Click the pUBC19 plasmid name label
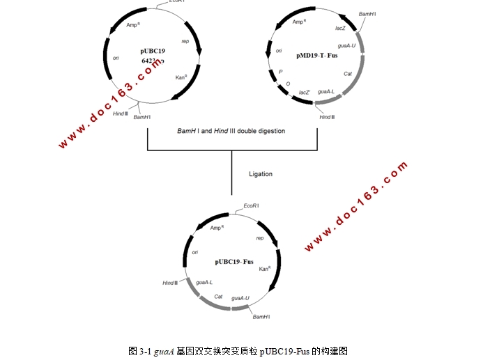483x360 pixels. [153, 51]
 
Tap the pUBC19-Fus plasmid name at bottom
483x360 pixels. [233, 262]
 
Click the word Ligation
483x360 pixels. [261, 174]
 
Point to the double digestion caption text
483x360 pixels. [231, 130]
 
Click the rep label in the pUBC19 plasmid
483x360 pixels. [185, 41]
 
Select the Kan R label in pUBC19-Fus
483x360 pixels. [264, 269]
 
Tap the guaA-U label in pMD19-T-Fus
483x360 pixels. [346, 46]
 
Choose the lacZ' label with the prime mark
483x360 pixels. [305, 92]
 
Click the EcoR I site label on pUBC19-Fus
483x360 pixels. [252, 205]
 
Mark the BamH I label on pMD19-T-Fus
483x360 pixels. [368, 14]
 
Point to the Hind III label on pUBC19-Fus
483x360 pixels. [170, 283]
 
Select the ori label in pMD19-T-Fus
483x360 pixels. [279, 50]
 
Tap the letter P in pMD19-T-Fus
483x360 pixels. [280, 71]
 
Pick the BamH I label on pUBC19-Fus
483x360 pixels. [261, 316]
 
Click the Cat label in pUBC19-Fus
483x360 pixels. [218, 296]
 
